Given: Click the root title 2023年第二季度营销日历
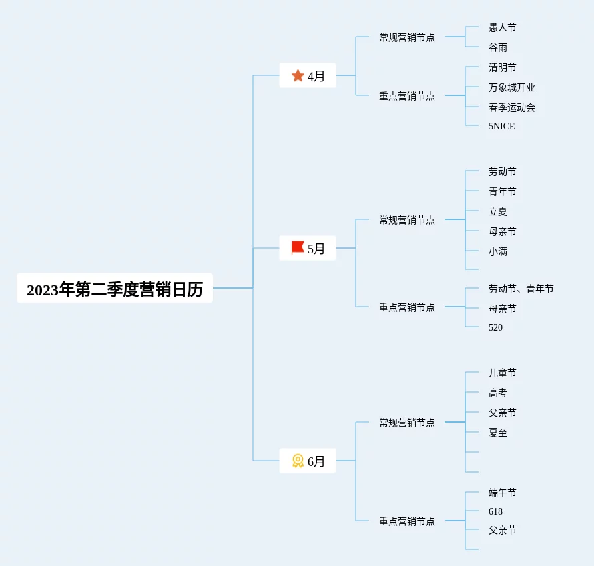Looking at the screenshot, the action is click(x=115, y=289).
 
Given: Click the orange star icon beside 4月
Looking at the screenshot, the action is click(x=298, y=76).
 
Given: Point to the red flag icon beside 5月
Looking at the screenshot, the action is click(x=298, y=248).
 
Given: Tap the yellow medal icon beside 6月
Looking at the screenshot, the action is click(x=298, y=461).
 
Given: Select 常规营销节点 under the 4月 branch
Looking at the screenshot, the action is click(x=407, y=37).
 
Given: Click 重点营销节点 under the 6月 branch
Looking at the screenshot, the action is click(x=407, y=521).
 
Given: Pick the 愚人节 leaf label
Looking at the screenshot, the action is click(x=503, y=27).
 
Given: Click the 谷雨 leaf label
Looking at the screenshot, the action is click(x=498, y=47).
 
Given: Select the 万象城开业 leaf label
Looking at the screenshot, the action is click(x=512, y=87).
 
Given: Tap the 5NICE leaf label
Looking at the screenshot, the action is click(x=502, y=126).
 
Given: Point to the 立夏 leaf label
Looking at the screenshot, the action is click(x=498, y=211).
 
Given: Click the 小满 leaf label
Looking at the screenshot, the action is click(x=498, y=251).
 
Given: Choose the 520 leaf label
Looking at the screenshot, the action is click(x=496, y=327).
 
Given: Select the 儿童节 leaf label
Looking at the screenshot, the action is click(x=503, y=373).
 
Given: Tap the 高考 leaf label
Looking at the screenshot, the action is click(x=498, y=393).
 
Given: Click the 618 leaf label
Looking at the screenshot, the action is click(x=496, y=511).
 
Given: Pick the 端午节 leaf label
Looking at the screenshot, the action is click(x=503, y=493).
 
